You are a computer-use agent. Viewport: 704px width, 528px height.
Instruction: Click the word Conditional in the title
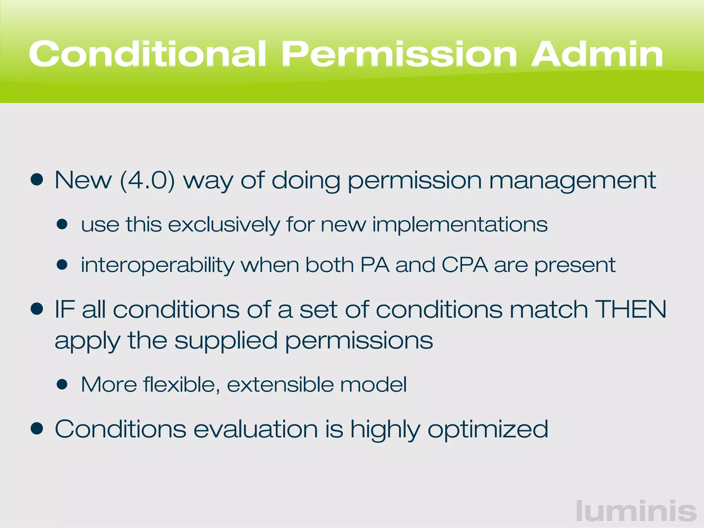point(148,54)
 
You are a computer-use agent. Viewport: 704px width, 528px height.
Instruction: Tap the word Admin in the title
point(597,54)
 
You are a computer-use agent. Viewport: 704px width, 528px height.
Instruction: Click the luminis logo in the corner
point(636,511)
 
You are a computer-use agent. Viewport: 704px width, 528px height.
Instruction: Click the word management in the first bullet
point(572,181)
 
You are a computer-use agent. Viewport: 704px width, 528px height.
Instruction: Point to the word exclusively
point(224,225)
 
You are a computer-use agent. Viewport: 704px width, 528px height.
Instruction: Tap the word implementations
point(460,225)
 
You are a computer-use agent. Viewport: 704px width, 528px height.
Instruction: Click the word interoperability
point(157,265)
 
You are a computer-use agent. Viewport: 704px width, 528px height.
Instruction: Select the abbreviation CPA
point(464,265)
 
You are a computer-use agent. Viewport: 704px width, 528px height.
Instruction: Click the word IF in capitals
point(65,309)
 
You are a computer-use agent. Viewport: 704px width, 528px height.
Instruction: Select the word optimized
point(488,430)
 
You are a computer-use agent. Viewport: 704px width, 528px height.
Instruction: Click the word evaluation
point(256,429)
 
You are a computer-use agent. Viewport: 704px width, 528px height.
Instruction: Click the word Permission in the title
point(399,54)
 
